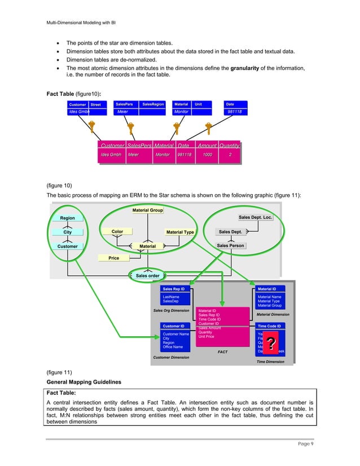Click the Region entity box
click(x=67, y=218)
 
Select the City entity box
click(x=67, y=232)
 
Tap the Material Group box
click(x=148, y=210)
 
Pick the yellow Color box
click(x=117, y=231)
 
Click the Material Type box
click(x=180, y=232)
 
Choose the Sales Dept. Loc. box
click(x=256, y=217)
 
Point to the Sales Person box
click(x=230, y=245)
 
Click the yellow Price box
click(x=114, y=258)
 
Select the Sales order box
click(x=148, y=275)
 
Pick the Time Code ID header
click(x=269, y=326)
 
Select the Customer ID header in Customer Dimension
click(x=173, y=326)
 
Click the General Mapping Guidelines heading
click(x=84, y=382)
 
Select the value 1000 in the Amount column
click(x=208, y=155)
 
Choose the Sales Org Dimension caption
click(x=172, y=310)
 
